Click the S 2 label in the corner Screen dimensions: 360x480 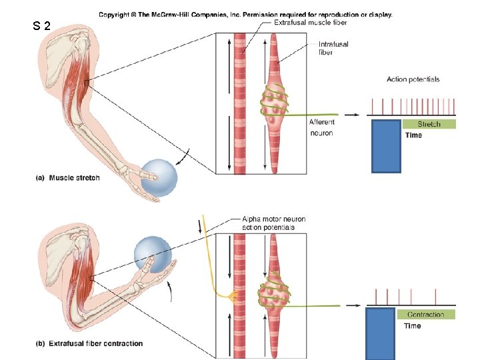pyautogui.click(x=41, y=27)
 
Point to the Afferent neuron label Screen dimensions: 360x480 pyautogui.click(x=321, y=127)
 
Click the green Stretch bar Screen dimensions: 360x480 pyautogui.click(x=429, y=124)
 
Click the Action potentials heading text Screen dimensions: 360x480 pyautogui.click(x=413, y=79)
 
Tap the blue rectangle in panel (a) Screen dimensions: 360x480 pyautogui.click(x=386, y=145)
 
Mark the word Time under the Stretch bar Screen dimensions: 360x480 pyautogui.click(x=413, y=135)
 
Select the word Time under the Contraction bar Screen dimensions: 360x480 pyautogui.click(x=412, y=326)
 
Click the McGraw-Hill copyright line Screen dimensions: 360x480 pyautogui.click(x=245, y=14)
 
